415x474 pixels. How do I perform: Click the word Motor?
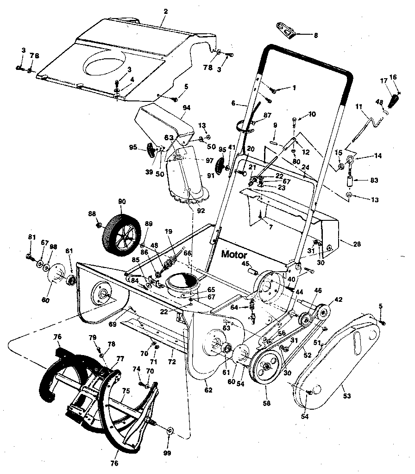click(234, 254)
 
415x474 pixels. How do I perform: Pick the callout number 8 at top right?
click(316, 35)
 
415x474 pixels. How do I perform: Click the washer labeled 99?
click(170, 430)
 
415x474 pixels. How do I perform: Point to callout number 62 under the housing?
click(208, 390)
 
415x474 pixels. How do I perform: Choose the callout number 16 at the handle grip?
click(393, 77)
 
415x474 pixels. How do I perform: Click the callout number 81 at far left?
click(31, 237)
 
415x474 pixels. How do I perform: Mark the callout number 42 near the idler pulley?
click(339, 299)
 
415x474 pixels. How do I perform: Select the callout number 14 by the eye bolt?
click(378, 156)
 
